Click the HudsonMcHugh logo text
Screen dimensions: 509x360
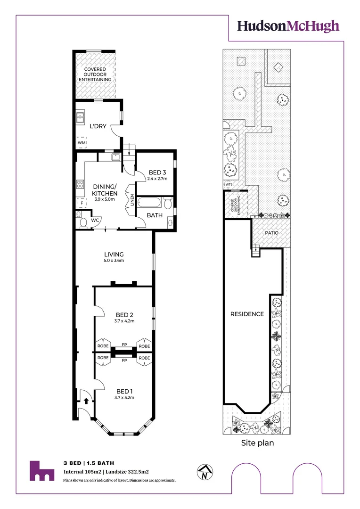pos(288,25)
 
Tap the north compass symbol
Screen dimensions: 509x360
pos(205,472)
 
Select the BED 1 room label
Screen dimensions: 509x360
pos(125,391)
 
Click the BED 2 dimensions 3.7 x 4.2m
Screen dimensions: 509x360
pos(125,321)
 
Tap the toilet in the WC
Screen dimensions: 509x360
pos(83,222)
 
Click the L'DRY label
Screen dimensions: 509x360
pos(98,126)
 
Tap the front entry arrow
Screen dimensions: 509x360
pos(86,401)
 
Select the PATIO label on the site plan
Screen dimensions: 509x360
pos(271,233)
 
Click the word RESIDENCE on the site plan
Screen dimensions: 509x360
pos(247,314)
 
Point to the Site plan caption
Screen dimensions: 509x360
pos(257,443)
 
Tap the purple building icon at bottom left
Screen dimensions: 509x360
pos(41,471)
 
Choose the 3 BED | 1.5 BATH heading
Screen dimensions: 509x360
pos(89,463)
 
